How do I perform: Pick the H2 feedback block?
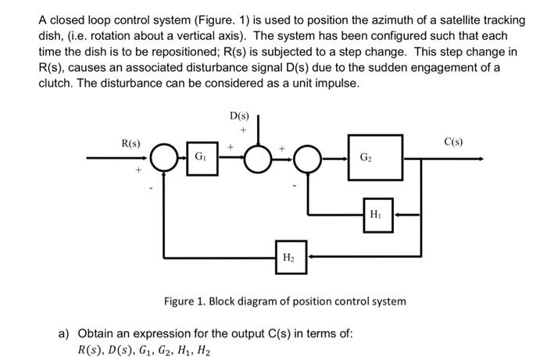click(x=288, y=255)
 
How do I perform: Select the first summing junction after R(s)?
click(x=165, y=159)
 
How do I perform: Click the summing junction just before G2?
click(x=309, y=159)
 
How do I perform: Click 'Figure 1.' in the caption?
click(x=184, y=301)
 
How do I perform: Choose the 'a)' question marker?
click(x=65, y=333)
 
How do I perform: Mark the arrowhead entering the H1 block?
click(x=396, y=213)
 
